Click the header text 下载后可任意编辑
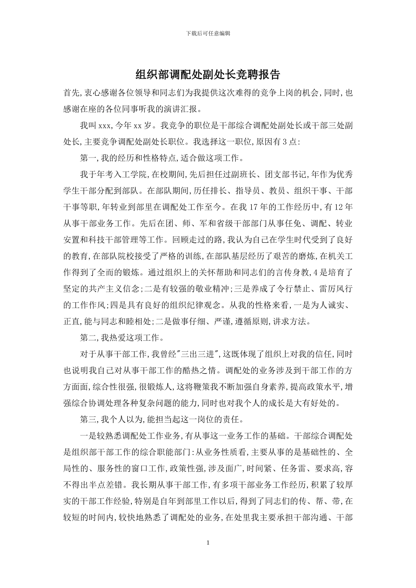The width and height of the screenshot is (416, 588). (208, 33)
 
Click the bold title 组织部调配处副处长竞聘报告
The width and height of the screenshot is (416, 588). (208, 74)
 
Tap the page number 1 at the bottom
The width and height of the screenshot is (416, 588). (208, 542)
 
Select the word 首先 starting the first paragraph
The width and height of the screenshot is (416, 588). (71, 93)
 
